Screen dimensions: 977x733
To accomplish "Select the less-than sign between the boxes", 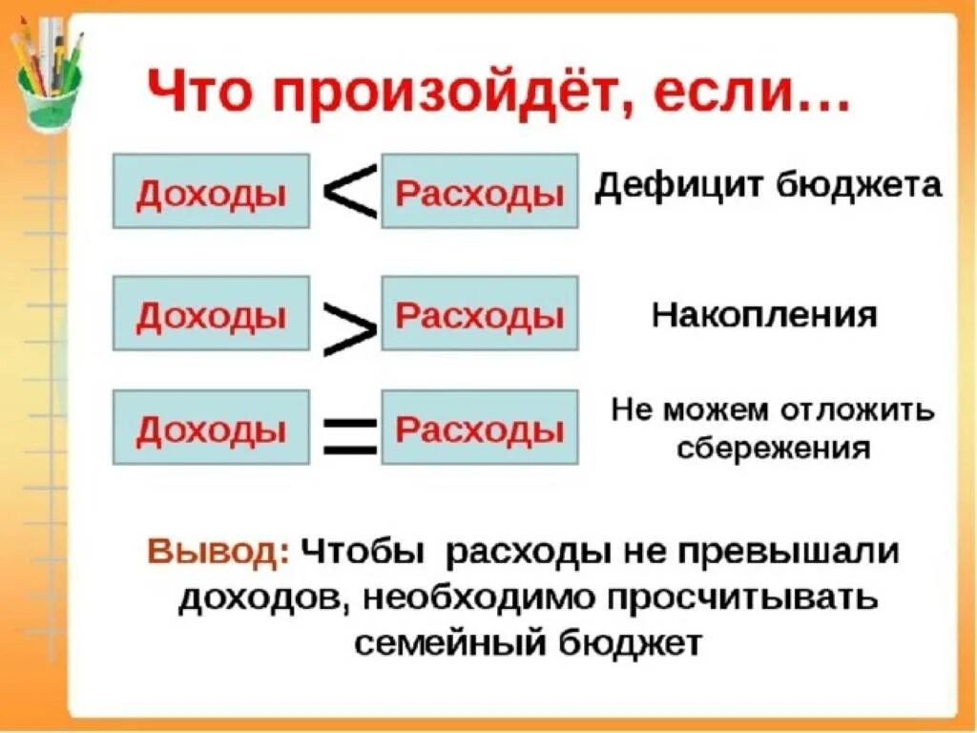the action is [350, 192].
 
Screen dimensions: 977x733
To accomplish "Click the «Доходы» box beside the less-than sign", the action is [211, 191].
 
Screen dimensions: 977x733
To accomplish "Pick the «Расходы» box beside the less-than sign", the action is [479, 191].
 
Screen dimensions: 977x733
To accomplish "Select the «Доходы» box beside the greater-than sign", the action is [211, 313].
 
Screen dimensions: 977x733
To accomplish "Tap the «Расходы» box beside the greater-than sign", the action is [479, 313].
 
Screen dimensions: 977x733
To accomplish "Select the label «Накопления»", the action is [763, 315].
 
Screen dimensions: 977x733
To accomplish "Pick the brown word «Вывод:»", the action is [218, 554].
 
